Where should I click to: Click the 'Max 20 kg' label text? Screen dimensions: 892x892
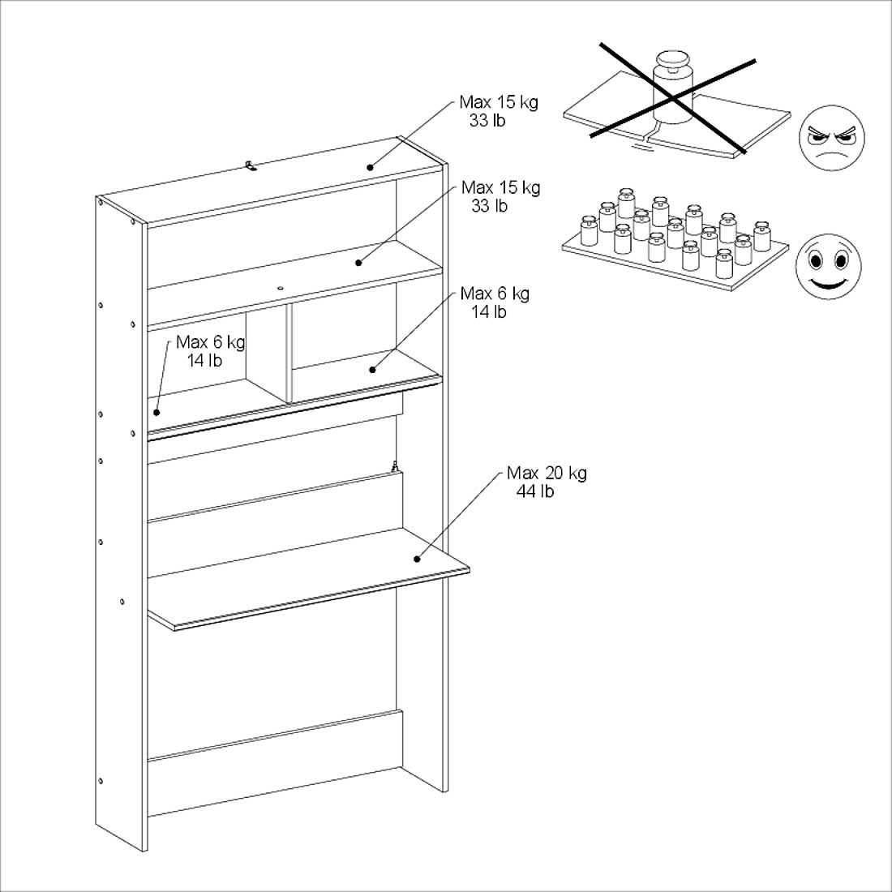click(x=547, y=473)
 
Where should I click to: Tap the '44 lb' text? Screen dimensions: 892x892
click(x=535, y=491)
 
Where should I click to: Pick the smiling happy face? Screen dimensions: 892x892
click(x=828, y=267)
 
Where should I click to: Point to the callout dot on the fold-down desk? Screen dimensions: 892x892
click(x=417, y=558)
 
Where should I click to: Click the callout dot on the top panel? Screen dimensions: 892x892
click(x=370, y=167)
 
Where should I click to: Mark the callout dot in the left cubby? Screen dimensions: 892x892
click(x=157, y=412)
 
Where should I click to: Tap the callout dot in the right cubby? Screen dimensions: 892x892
click(x=372, y=370)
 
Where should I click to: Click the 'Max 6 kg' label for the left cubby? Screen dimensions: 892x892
click(x=210, y=342)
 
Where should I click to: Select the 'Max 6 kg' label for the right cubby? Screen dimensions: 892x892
click(x=495, y=293)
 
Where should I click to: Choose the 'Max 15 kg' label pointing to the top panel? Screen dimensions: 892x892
click(x=498, y=102)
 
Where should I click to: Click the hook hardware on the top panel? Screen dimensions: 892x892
click(x=251, y=165)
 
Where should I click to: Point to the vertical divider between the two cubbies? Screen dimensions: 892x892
click(x=289, y=354)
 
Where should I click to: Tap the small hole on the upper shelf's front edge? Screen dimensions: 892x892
click(x=279, y=288)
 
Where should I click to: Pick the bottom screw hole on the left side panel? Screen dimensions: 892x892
click(x=101, y=781)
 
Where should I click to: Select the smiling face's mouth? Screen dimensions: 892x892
click(x=828, y=283)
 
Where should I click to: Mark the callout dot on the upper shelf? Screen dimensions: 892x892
click(x=358, y=263)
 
